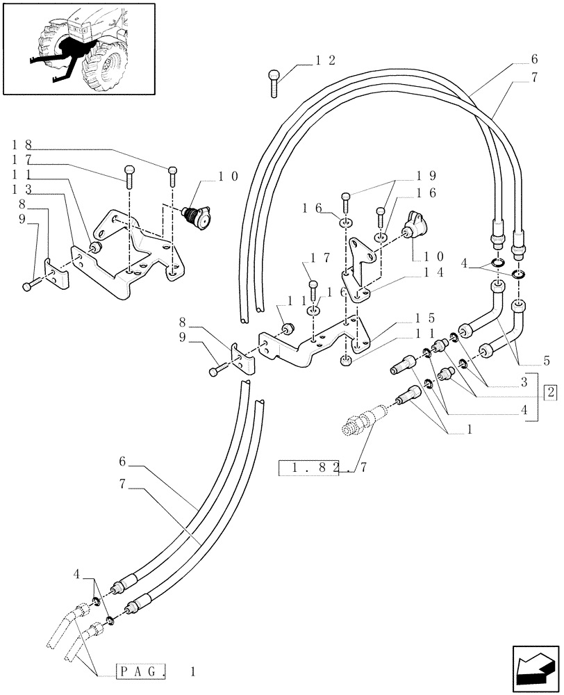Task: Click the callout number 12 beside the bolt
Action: [324, 62]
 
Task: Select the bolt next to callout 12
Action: [274, 81]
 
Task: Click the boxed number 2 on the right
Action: [551, 393]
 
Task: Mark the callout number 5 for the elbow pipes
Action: [547, 361]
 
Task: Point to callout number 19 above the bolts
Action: [427, 176]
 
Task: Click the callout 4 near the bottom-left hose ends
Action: [78, 575]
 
